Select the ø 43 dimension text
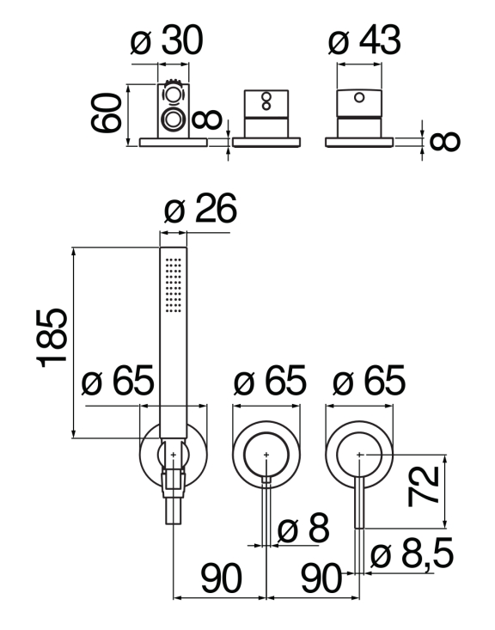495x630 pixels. tap(364, 40)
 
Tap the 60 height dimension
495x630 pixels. tap(106, 113)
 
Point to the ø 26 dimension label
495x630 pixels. tap(200, 208)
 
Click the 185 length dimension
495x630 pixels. tap(52, 338)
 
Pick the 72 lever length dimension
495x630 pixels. tap(423, 486)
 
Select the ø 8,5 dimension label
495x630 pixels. tap(412, 554)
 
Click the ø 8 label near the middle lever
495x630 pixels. tap(303, 528)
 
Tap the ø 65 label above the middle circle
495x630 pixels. tap(270, 380)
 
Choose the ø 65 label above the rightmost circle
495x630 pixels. tap(369, 380)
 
